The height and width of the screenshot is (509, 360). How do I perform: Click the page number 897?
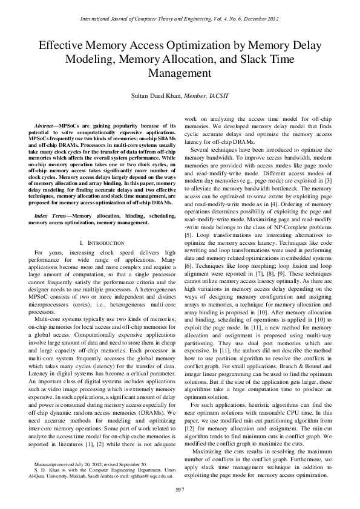180,488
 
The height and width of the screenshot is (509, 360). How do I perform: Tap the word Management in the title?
180,73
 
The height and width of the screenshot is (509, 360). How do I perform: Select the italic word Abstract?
46,125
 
